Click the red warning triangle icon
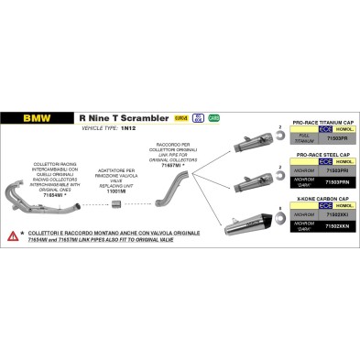[13, 236]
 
